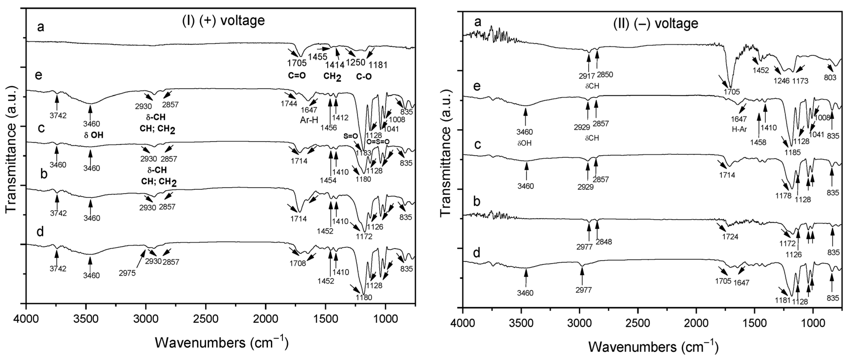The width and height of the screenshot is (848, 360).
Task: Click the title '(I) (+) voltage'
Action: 224,20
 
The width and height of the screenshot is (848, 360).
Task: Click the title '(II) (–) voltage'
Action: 656,23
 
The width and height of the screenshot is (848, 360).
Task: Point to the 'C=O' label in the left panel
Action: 297,76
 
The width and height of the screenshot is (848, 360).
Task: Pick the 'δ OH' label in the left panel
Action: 93,135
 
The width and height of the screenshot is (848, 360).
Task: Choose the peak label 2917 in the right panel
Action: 587,76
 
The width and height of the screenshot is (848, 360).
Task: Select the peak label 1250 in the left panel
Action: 356,62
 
